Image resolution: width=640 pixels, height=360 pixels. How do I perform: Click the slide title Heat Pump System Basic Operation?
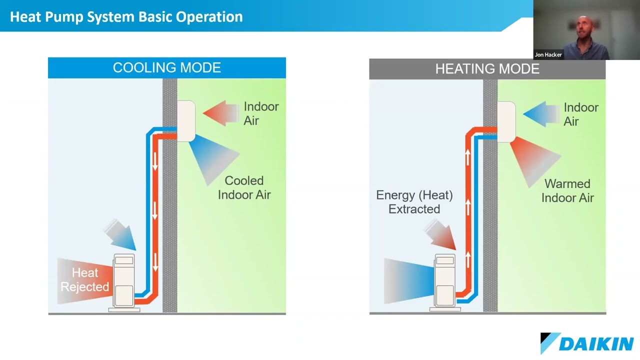coord(126,16)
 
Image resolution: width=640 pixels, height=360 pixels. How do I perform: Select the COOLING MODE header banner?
coord(166,68)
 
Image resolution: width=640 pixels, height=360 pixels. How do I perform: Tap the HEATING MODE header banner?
coord(487,69)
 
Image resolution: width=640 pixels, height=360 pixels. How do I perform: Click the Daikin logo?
coord(587,343)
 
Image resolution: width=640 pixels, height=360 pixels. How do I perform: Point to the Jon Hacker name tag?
coord(548,54)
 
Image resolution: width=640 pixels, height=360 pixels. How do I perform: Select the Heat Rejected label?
coord(84,280)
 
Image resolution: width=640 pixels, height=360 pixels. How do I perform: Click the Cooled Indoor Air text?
coord(244,187)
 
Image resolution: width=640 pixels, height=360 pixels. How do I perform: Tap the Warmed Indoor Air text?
coord(567,190)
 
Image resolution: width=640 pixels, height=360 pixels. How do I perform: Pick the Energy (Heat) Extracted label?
coord(414,202)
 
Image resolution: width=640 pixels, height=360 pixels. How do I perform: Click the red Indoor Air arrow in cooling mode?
coord(220,113)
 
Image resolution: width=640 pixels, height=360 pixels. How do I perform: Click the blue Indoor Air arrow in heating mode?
coord(540,114)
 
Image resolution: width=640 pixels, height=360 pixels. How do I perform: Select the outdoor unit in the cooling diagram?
coord(124,281)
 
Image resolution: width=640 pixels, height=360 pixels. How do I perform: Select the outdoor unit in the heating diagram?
coord(445,281)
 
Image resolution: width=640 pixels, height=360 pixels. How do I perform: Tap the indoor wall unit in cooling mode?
coord(185,120)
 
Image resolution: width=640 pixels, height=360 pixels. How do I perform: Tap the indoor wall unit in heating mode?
coord(506,121)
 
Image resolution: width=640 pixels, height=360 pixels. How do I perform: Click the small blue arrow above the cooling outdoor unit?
coord(121,235)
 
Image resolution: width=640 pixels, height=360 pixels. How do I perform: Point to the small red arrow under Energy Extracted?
coord(441,235)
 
